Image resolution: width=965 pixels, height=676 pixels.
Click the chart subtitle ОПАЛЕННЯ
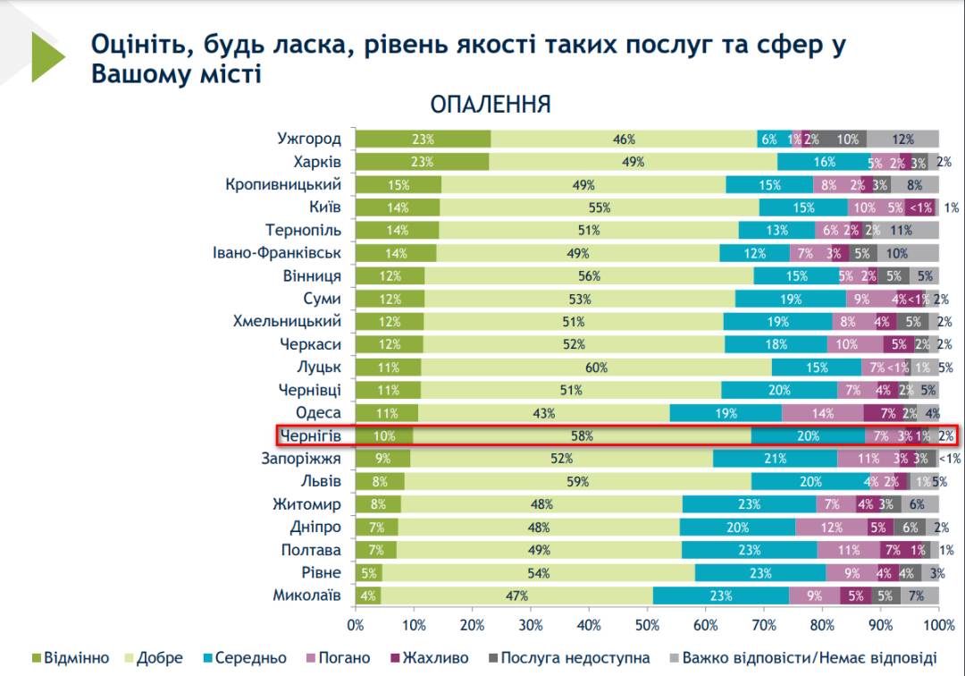[x=491, y=105]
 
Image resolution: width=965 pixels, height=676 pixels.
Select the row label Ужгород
[x=309, y=139]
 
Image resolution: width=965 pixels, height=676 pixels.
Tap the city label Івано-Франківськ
[x=277, y=253]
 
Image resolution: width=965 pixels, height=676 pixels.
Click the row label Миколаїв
[x=307, y=596]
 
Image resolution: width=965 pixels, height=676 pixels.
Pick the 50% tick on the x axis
[x=647, y=624]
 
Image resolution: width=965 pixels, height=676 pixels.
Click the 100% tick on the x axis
[x=938, y=624]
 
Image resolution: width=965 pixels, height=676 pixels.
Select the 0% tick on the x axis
[x=356, y=624]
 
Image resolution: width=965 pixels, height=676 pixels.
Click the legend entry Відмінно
[x=76, y=658]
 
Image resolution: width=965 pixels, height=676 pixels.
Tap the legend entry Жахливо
[x=435, y=658]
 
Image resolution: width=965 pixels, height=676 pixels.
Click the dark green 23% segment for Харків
[x=422, y=162]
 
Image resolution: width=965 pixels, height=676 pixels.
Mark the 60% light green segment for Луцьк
[x=596, y=368]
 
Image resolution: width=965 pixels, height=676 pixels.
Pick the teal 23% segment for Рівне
[x=760, y=573]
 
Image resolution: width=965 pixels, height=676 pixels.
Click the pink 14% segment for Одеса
[x=822, y=413]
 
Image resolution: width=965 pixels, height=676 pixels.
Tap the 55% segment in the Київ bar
[x=599, y=207]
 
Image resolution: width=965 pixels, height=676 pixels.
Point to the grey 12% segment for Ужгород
[x=902, y=139]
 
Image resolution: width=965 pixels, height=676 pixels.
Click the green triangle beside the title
[x=46, y=57]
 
